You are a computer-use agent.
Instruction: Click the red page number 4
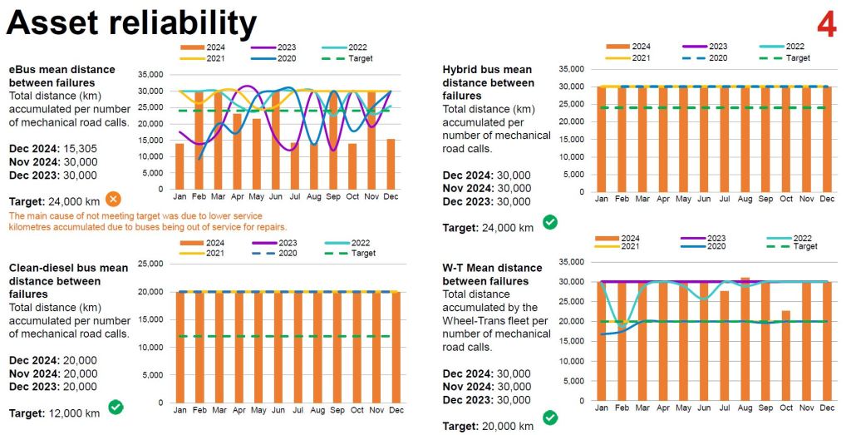826,24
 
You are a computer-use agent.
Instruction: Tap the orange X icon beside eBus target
114,199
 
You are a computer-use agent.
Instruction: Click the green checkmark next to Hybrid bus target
549,222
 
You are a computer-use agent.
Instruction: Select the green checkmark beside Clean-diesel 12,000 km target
116,408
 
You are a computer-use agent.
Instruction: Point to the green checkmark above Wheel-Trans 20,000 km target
549,417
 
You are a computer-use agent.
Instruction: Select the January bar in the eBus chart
179,166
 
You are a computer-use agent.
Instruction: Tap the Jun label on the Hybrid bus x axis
704,200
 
